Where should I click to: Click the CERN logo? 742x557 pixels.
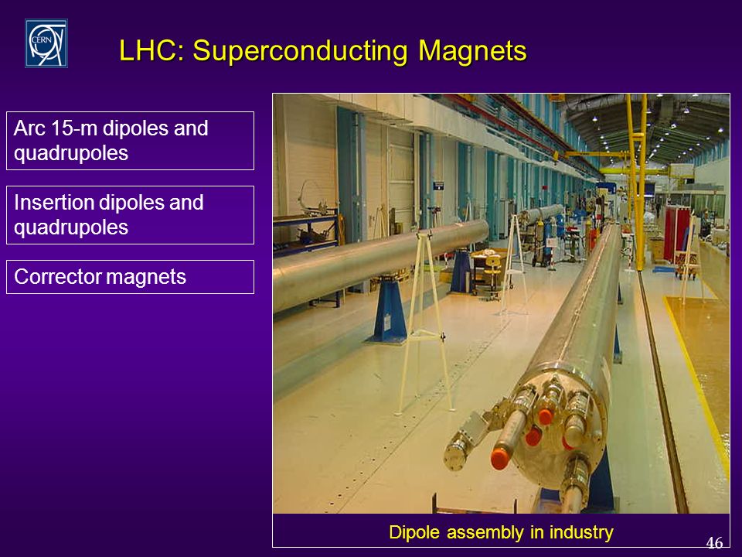[x=46, y=43]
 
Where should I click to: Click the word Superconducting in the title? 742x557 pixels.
[x=300, y=51]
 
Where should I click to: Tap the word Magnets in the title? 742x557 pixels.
[x=472, y=51]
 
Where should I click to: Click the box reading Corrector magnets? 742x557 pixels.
[x=130, y=277]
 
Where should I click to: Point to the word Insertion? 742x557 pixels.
[x=54, y=202]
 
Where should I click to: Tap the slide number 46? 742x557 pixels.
[x=714, y=542]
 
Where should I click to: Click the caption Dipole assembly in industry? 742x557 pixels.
[x=501, y=532]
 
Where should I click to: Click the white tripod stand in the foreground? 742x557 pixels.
[x=424, y=322]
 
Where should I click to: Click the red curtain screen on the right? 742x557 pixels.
[x=676, y=234]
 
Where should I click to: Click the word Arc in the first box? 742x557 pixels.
[x=31, y=128]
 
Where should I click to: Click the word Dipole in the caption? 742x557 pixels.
[x=414, y=532]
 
